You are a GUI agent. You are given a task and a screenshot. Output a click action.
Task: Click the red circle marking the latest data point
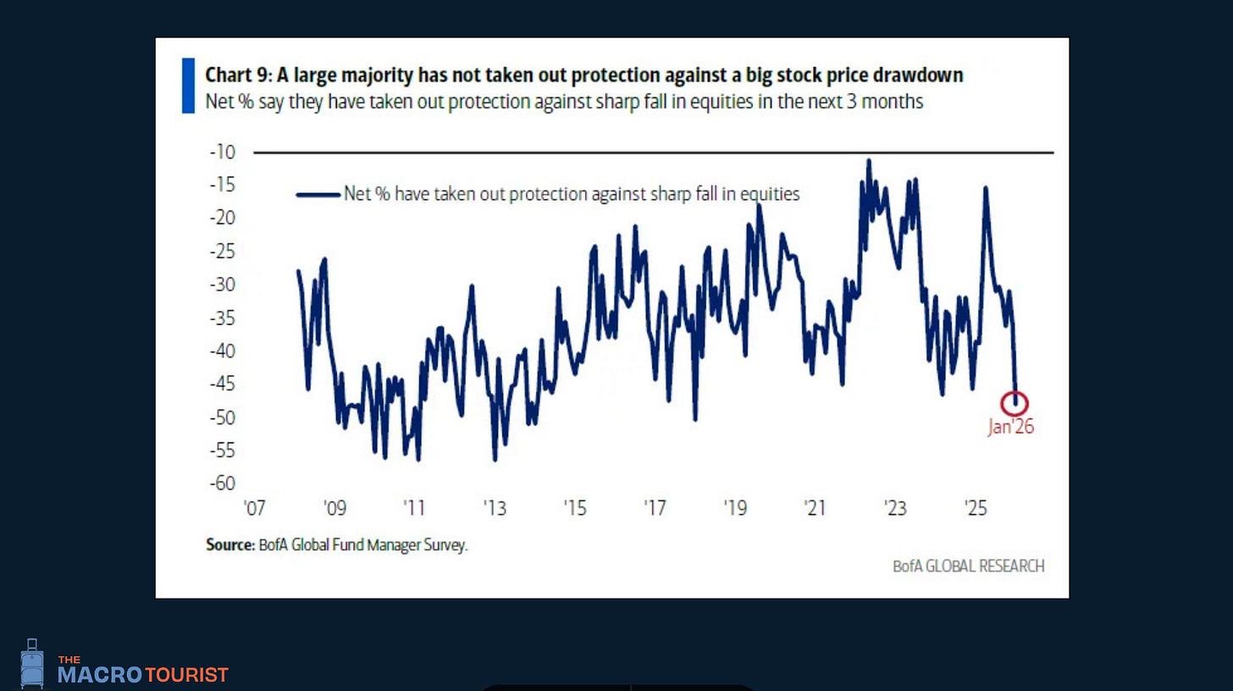(1015, 403)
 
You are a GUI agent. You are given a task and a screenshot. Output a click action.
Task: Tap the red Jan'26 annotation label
(1011, 428)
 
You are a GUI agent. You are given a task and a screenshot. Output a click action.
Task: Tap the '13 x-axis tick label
(495, 509)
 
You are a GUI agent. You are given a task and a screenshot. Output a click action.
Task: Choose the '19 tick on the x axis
(735, 509)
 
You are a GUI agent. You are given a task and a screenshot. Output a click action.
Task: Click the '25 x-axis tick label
(976, 509)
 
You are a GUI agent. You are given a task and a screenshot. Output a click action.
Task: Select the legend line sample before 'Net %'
(317, 194)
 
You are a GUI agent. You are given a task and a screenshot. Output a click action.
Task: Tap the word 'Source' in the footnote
(229, 545)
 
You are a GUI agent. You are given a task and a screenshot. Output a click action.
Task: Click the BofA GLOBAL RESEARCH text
(968, 566)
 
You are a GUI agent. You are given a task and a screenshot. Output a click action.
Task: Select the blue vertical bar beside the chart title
(188, 86)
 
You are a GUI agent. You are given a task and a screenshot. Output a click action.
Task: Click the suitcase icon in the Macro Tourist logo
(32, 663)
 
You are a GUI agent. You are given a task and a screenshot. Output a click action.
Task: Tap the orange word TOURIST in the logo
(186, 675)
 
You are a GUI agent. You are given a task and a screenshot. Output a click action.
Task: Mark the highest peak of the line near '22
(868, 161)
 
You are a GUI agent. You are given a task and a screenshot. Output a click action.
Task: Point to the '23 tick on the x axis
(895, 509)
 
